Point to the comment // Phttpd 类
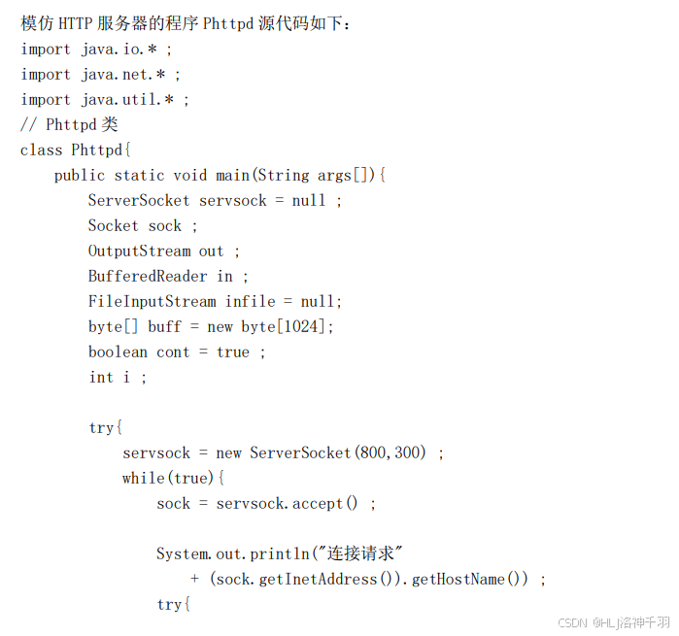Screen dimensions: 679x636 click(x=69, y=124)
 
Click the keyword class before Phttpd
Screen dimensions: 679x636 click(x=41, y=150)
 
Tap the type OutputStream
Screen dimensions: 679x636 click(x=139, y=251)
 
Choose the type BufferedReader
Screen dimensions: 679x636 click(x=148, y=276)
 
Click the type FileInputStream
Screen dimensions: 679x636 click(x=153, y=301)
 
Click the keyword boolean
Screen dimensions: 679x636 click(x=118, y=351)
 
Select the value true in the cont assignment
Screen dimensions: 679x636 click(x=233, y=351)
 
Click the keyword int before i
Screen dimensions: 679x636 click(x=101, y=377)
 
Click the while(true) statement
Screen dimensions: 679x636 click(x=173, y=478)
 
